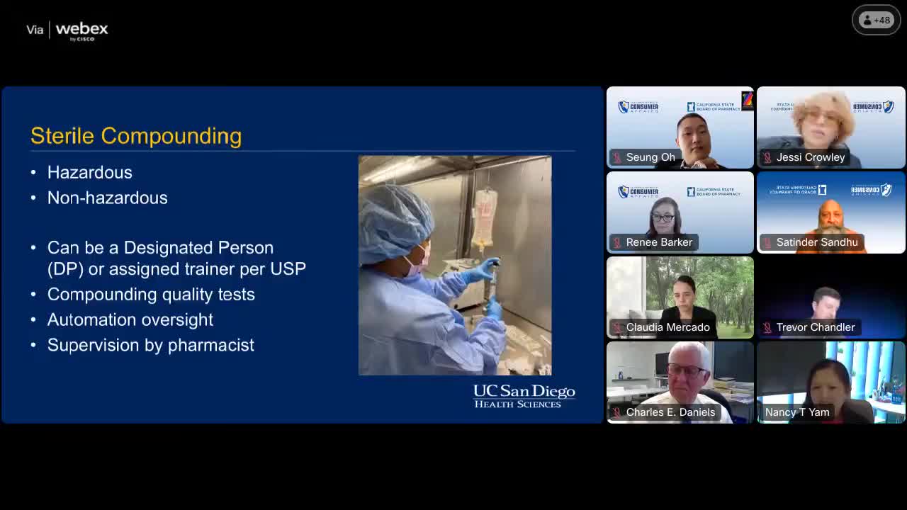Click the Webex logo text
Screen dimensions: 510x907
81,30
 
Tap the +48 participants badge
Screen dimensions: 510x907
876,21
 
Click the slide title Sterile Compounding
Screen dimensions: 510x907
136,136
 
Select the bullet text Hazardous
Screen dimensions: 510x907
90,172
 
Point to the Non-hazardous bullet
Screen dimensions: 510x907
108,198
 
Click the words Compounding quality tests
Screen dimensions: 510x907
151,294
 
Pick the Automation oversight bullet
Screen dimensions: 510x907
130,319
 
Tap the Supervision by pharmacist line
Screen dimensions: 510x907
151,345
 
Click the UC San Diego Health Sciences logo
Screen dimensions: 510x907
524,396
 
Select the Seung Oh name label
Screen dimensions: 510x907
650,157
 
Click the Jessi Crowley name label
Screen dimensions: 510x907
811,157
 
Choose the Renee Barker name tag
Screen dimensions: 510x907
659,242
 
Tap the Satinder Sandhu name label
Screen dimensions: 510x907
817,242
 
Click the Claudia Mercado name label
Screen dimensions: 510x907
667,327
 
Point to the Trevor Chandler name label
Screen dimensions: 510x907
816,327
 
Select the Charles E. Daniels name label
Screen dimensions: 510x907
670,412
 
